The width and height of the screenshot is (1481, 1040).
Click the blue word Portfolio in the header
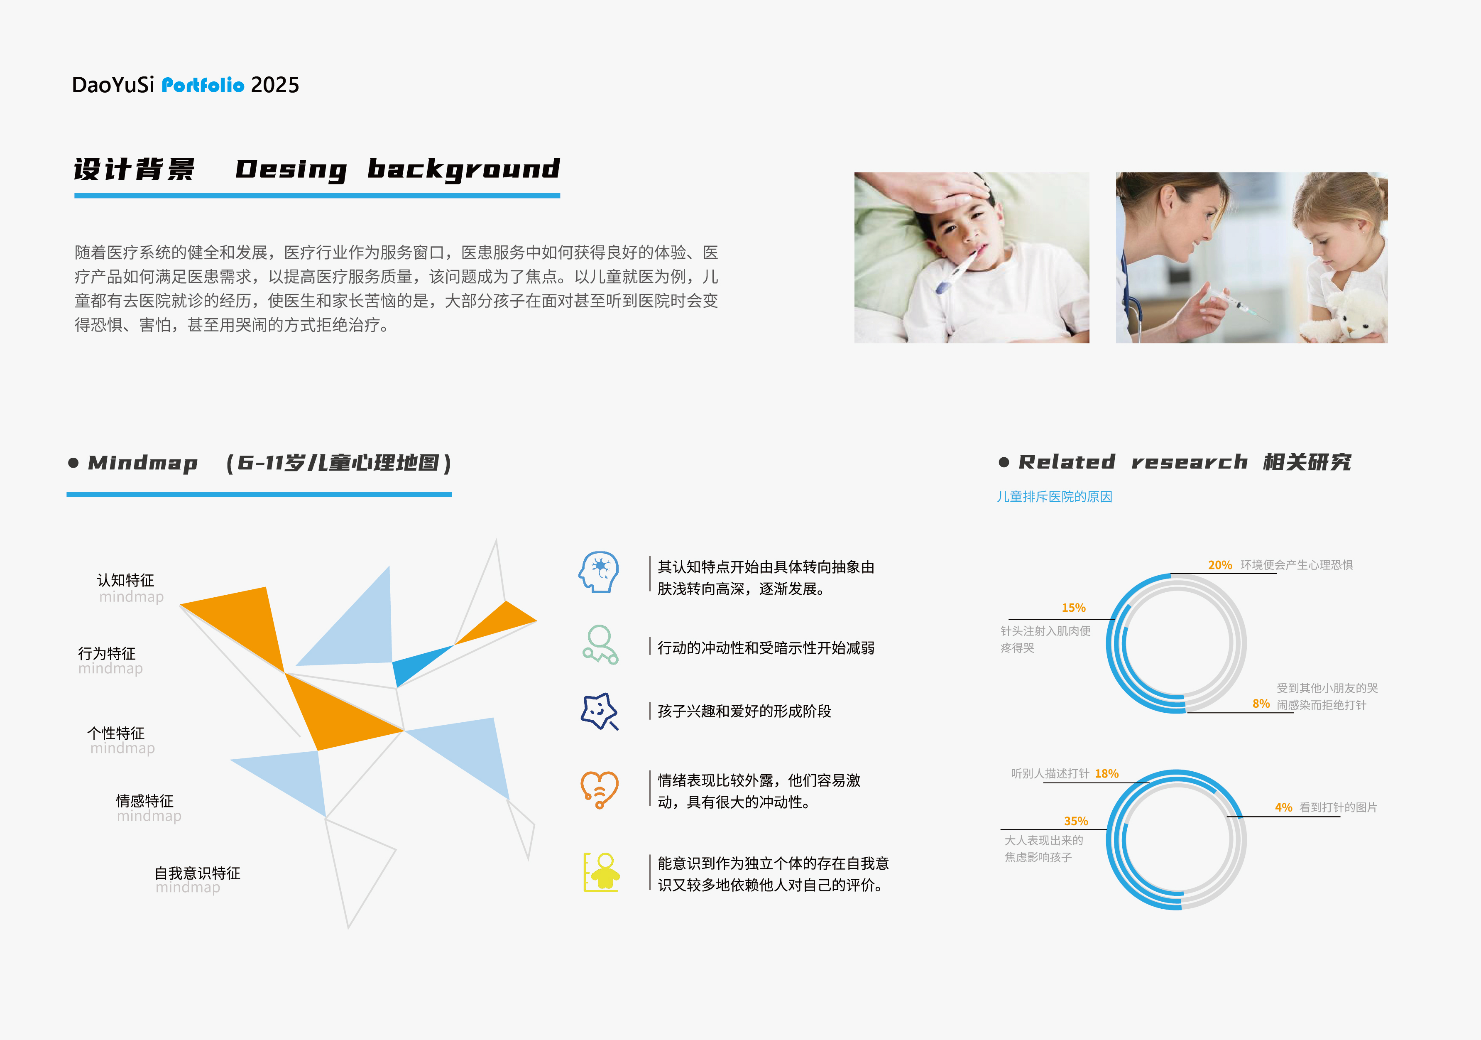pyautogui.click(x=203, y=85)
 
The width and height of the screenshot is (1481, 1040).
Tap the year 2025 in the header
pyautogui.click(x=275, y=85)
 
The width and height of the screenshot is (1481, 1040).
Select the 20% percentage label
pyautogui.click(x=1220, y=565)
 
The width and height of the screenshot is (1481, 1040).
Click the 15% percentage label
pyautogui.click(x=1073, y=608)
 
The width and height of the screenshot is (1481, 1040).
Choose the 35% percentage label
pyautogui.click(x=1075, y=821)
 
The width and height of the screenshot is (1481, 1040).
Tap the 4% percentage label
pyautogui.click(x=1283, y=808)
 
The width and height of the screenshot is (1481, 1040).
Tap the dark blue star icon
pyautogui.click(x=599, y=711)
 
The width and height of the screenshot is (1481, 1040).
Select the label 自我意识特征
pyautogui.click(x=197, y=873)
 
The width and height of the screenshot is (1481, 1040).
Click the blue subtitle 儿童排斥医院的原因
pyautogui.click(x=1054, y=497)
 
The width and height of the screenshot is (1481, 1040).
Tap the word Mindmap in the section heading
pyautogui.click(x=142, y=463)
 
